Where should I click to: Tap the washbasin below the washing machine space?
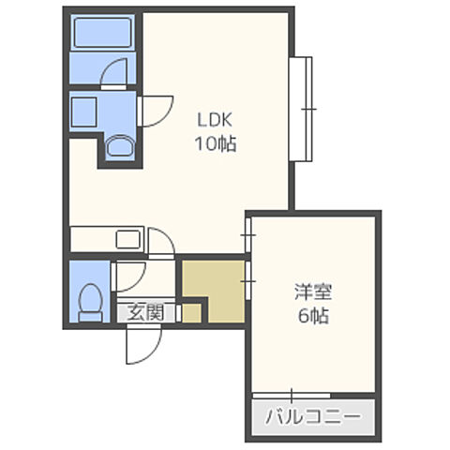pos(119,144)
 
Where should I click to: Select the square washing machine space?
pos(84,111)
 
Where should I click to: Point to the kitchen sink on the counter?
pos(127,238)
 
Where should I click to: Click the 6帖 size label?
pos(308,316)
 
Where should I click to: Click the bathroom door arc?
pos(116,73)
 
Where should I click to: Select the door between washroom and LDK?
pos(153,110)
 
